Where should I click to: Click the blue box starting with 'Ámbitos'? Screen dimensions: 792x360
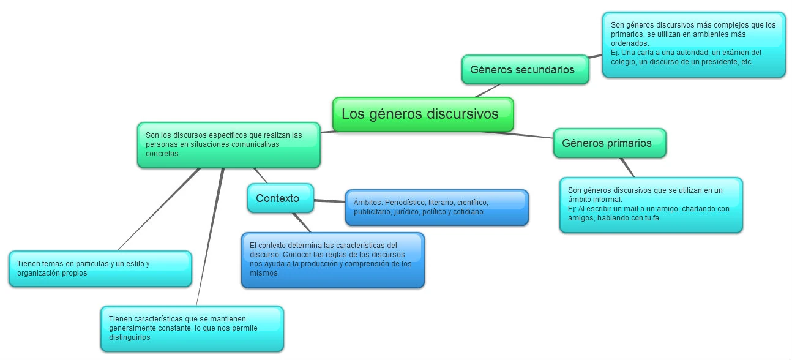click(436, 208)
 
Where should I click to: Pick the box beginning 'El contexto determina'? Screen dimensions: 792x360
click(332, 260)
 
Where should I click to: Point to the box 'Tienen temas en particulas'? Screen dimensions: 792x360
click(100, 269)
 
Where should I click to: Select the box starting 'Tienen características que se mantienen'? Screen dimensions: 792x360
click(192, 328)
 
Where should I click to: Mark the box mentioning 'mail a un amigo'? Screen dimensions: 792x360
click(651, 204)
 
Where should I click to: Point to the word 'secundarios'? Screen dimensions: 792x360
click(544, 70)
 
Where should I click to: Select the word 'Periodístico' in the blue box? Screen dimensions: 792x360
click(403, 203)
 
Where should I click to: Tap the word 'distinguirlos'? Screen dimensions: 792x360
click(129, 337)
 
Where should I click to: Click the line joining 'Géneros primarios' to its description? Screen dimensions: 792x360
click(627, 168)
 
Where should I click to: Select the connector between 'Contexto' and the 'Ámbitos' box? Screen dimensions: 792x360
click(329, 201)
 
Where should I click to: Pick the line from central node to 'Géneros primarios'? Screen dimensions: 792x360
click(532, 135)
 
